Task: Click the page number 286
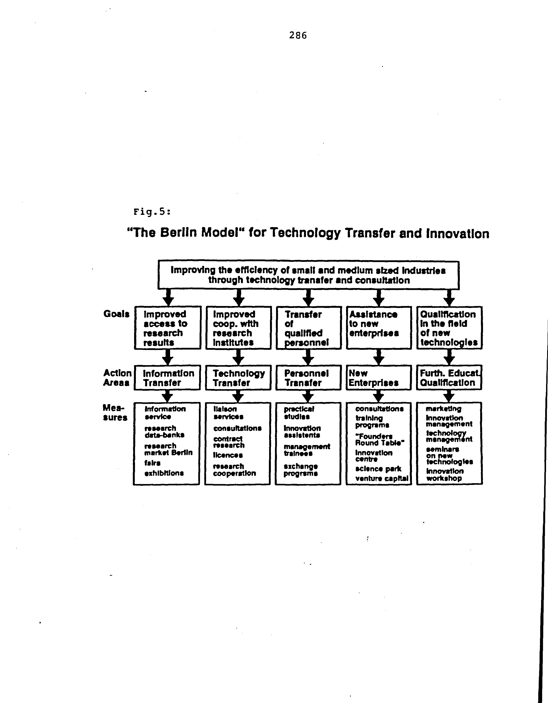pyautogui.click(x=298, y=35)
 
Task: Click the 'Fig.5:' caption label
pyautogui.click(x=152, y=212)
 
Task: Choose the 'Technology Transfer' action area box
pyautogui.click(x=238, y=378)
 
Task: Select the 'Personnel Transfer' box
pyautogui.click(x=308, y=378)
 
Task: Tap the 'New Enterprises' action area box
pyautogui.click(x=379, y=378)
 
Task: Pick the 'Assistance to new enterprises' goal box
pyautogui.click(x=379, y=328)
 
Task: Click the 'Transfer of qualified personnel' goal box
pyautogui.click(x=308, y=328)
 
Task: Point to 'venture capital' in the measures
pyautogui.click(x=382, y=478)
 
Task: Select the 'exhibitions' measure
pyautogui.click(x=164, y=473)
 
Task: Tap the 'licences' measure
pyautogui.click(x=228, y=455)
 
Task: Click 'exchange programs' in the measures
pyautogui.click(x=301, y=470)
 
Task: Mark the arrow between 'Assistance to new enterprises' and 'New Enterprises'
pyautogui.click(x=379, y=357)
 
